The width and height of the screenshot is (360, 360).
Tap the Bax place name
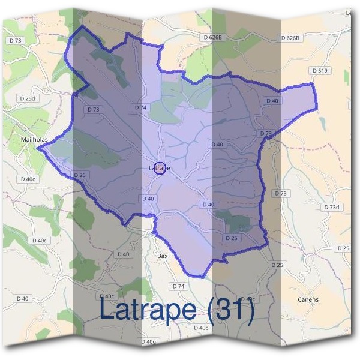(x=162, y=256)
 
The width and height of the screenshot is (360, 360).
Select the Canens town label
(x=308, y=299)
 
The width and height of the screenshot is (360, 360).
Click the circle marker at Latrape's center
(x=160, y=168)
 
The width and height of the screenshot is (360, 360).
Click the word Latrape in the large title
(x=146, y=310)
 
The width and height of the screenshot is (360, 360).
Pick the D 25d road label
(x=28, y=98)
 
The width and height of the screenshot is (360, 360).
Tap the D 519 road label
(x=320, y=71)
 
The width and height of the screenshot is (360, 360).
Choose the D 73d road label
(x=332, y=207)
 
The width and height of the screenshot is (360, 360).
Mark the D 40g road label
(x=148, y=342)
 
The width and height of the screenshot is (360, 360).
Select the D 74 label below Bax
(x=178, y=286)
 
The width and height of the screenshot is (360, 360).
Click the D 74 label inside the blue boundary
(x=140, y=107)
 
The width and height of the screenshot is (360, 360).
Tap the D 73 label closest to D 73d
(x=281, y=193)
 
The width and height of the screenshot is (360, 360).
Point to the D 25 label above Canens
(x=343, y=248)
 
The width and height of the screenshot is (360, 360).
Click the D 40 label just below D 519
(x=272, y=101)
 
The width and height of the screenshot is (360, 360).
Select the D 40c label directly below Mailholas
(x=28, y=179)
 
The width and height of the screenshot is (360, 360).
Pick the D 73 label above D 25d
(x=16, y=40)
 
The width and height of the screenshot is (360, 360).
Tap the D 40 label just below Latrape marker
(x=148, y=199)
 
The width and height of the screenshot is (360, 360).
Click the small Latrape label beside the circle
(x=160, y=169)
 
